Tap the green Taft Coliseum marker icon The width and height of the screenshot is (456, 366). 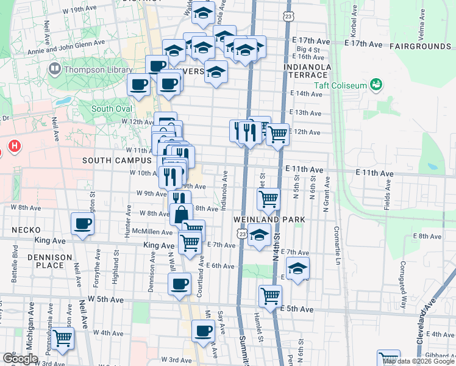[x=376, y=84]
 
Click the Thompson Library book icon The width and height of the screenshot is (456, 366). [x=55, y=69]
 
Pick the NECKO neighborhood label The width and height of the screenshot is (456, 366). [x=26, y=230]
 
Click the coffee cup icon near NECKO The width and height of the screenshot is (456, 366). [x=82, y=223]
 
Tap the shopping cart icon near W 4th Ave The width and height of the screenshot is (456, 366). [x=63, y=337]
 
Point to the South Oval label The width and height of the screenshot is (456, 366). [x=112, y=109]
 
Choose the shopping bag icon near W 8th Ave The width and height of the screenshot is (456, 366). [x=182, y=214]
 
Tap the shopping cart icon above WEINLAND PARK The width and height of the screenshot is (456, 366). [x=269, y=198]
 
